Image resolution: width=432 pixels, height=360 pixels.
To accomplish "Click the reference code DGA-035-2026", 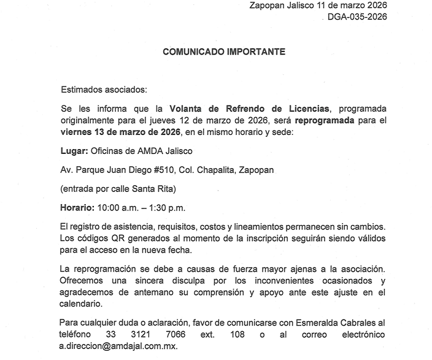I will click(x=358, y=17).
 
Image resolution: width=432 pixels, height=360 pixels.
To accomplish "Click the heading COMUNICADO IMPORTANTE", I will click(x=224, y=52).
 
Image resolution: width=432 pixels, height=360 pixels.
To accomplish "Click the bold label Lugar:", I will click(x=74, y=150).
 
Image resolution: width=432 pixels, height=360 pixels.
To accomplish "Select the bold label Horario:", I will click(x=79, y=207).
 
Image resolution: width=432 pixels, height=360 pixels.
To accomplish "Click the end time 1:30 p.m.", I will click(x=170, y=207).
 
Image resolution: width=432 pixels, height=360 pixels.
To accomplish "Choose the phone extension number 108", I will click(x=236, y=335).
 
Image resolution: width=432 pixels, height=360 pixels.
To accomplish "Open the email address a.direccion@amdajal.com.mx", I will click(x=118, y=347).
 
